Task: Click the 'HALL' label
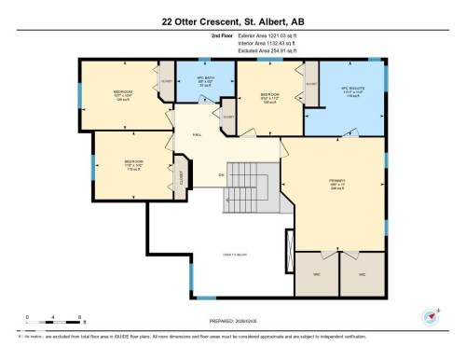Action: [x=197, y=135]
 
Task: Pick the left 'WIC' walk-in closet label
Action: [x=316, y=274]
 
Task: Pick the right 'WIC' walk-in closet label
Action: [x=360, y=274]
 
